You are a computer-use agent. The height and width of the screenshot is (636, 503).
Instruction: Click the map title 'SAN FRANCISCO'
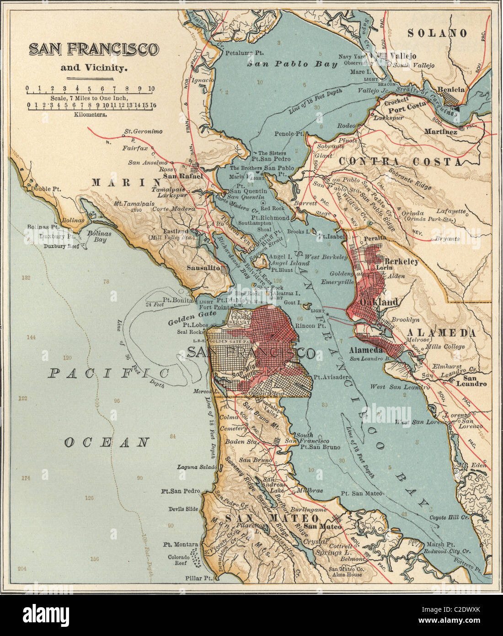point(94,49)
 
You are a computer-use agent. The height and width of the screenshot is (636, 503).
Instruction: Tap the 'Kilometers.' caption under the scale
point(91,115)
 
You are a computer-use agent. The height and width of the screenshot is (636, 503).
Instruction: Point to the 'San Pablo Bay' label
point(292,64)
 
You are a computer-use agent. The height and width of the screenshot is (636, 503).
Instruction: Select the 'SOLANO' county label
point(437,33)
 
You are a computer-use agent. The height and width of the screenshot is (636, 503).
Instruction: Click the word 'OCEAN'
point(107,442)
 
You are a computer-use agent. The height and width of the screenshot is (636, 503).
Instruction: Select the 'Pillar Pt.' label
point(200,578)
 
